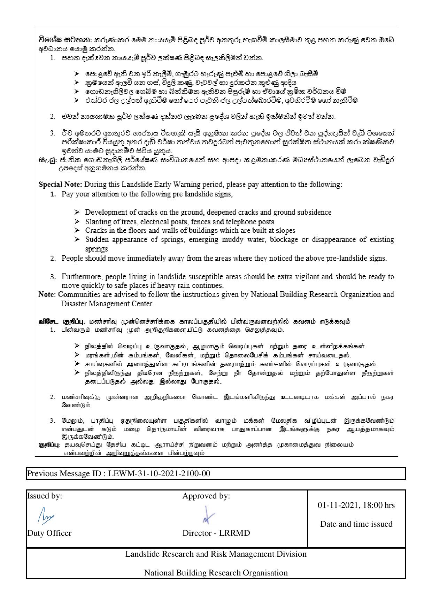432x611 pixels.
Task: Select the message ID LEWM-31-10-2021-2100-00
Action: coord(159,474)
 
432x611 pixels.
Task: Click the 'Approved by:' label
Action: coord(206,496)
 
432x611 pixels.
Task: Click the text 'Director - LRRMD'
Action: coord(216,533)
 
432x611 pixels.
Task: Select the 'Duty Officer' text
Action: coord(49,533)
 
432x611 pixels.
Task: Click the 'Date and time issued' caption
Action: coord(356,524)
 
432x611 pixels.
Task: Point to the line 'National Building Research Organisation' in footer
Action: coord(216,573)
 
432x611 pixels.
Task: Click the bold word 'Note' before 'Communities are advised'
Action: coord(46,294)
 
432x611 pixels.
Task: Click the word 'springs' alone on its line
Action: coord(97,249)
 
